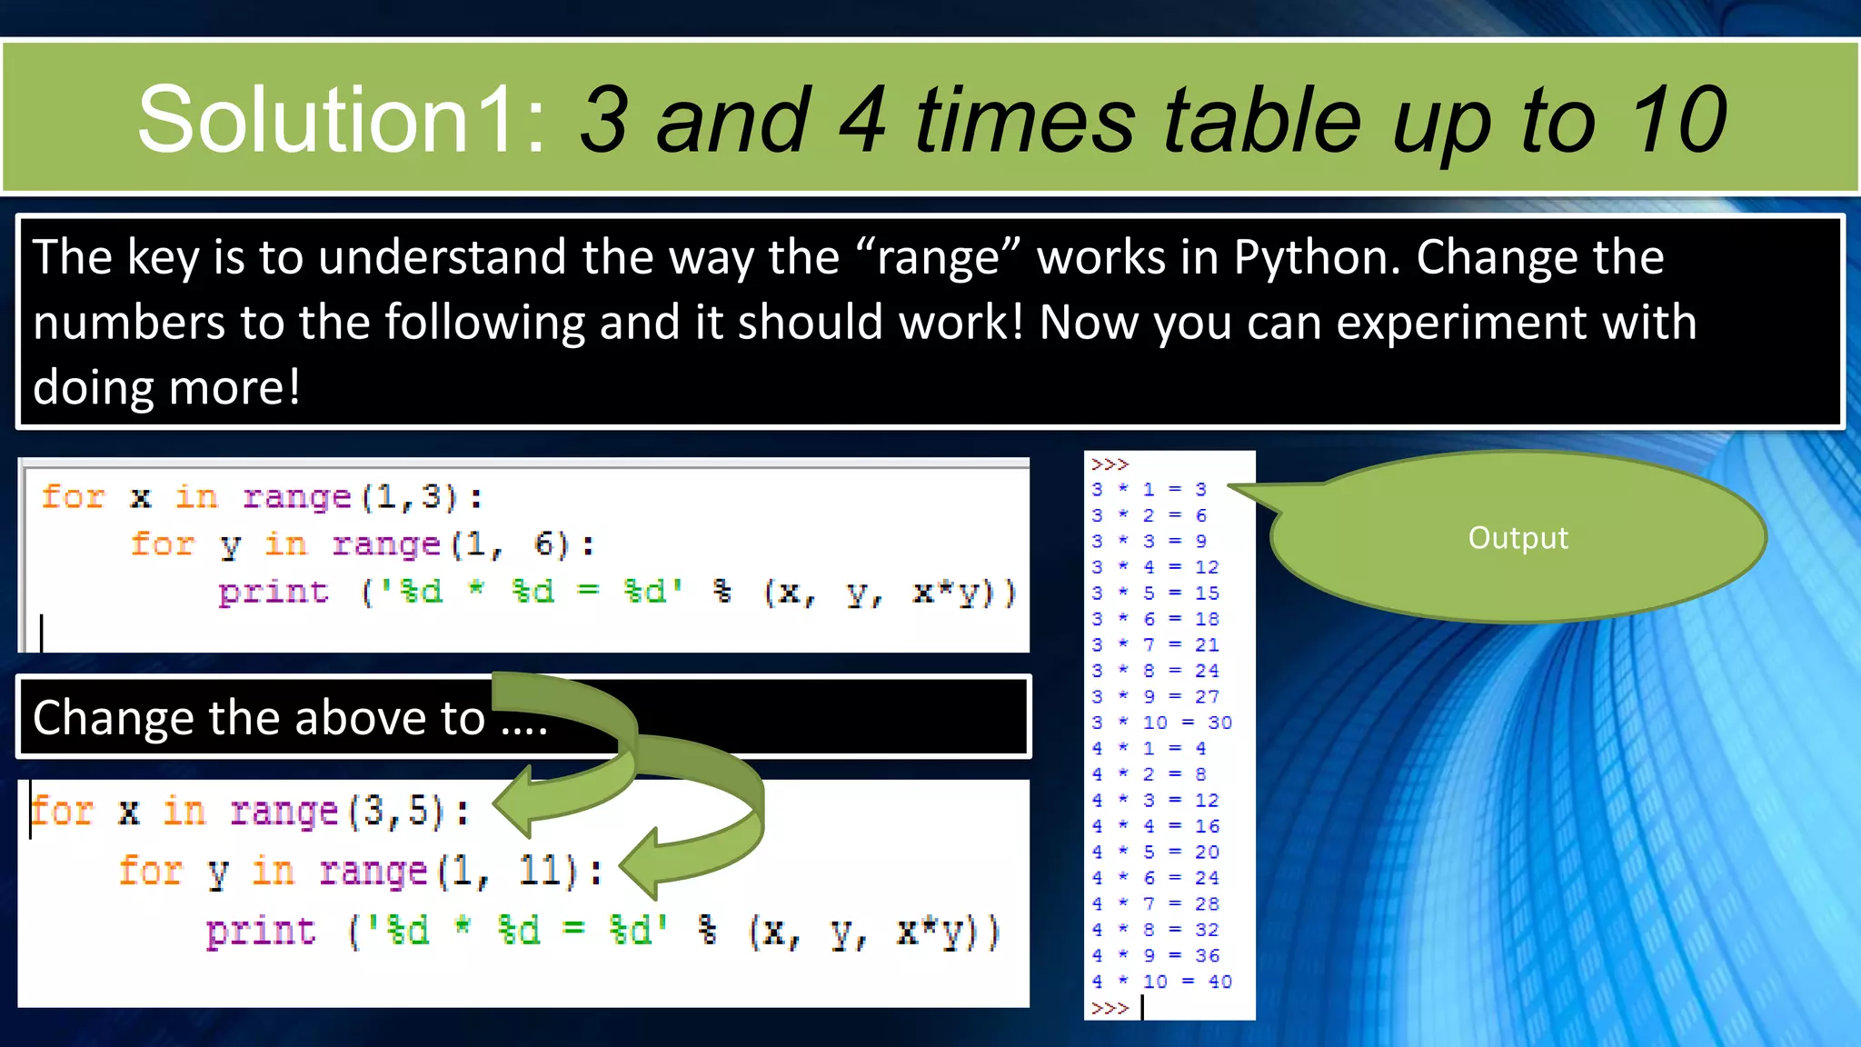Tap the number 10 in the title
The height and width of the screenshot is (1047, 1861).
coord(1677,120)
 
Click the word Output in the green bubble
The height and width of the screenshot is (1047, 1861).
coord(1518,538)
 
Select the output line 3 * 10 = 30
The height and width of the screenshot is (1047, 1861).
coord(1161,723)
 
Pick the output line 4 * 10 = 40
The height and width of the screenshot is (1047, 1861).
coord(1161,982)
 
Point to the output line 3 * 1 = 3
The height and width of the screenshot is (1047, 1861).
coord(1149,490)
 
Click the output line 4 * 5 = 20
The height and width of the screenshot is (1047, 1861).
coord(1155,853)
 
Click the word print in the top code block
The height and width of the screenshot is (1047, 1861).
coord(273,593)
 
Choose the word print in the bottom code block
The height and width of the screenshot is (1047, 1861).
coord(261,932)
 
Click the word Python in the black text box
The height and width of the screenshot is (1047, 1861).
coord(1317,257)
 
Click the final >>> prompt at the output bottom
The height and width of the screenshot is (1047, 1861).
coord(1110,1008)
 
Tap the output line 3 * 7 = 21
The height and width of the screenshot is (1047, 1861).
coord(1155,645)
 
